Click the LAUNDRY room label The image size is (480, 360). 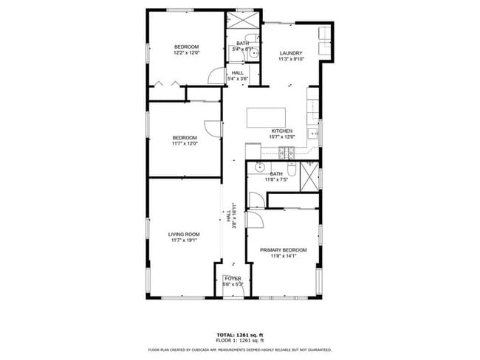pos(291,53)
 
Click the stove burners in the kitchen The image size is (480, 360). pos(287,153)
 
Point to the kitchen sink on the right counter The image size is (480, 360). pos(314,134)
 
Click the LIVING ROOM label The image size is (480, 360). pos(184,235)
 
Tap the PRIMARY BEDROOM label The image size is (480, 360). pos(283,250)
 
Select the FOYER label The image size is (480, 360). pos(233,279)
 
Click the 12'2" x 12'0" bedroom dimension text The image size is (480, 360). pos(187,53)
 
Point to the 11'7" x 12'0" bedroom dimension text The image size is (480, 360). pos(185,143)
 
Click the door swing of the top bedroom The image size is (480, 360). pos(216,76)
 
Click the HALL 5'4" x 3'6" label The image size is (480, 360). pos(237,76)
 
